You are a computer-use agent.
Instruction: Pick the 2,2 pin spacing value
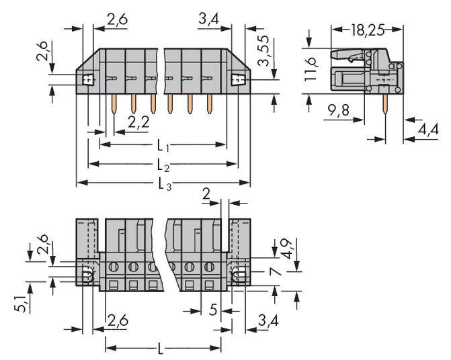click(x=138, y=122)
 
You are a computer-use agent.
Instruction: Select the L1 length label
click(x=163, y=144)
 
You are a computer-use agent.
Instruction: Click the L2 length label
click(x=163, y=164)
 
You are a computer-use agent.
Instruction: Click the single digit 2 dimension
click(x=206, y=194)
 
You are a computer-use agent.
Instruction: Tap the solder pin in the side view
click(x=385, y=102)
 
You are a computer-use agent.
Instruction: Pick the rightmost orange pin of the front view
click(x=210, y=102)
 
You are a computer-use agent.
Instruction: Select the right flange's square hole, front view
click(x=237, y=81)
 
